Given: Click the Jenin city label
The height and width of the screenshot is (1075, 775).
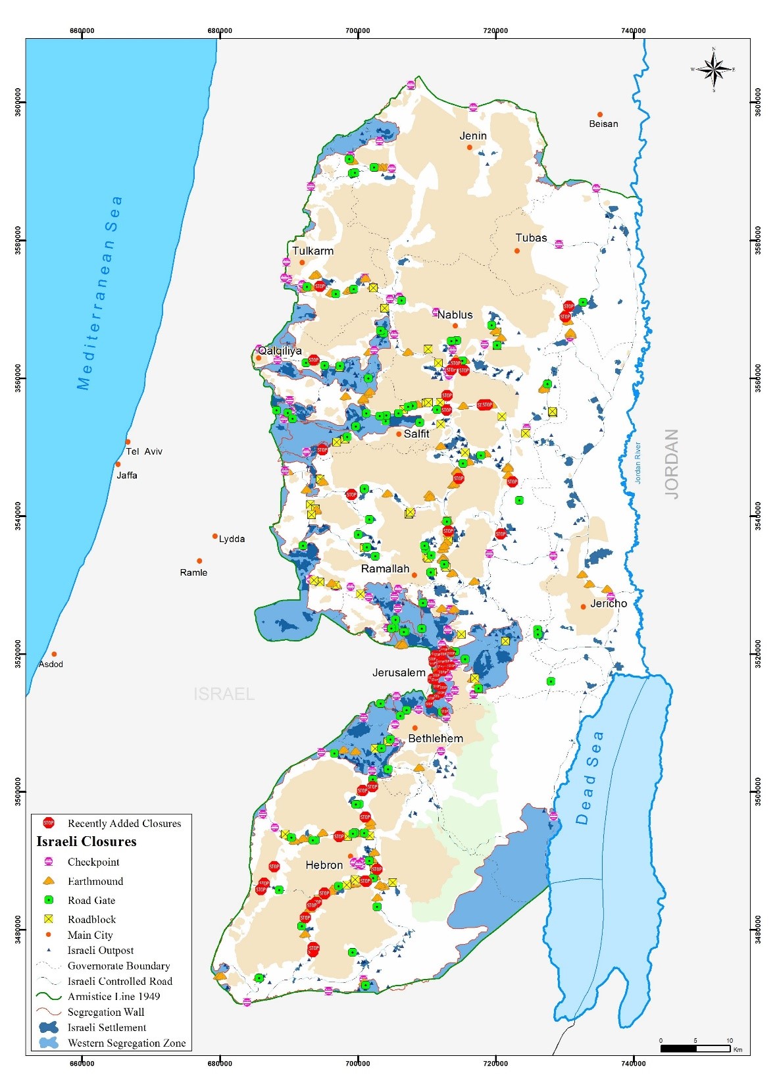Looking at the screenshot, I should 473,136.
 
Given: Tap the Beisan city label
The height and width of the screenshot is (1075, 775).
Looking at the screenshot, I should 603,124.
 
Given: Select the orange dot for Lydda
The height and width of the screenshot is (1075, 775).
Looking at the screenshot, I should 215,536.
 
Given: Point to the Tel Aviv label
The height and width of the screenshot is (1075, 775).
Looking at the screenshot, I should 144,451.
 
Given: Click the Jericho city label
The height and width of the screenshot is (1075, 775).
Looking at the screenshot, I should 609,603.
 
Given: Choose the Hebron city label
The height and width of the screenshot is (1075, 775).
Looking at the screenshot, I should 324,865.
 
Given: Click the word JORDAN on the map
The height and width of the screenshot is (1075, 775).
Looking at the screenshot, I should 672,464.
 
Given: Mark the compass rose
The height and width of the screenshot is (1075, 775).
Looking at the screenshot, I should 714,68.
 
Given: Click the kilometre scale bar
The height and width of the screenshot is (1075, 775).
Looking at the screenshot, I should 695,1048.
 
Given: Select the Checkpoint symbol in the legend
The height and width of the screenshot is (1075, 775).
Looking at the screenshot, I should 48,862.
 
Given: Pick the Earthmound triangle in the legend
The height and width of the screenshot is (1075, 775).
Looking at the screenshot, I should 48,881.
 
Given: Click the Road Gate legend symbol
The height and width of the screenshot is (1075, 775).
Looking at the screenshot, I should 48,900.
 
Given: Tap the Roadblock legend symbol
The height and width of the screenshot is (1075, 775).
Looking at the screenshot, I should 48,919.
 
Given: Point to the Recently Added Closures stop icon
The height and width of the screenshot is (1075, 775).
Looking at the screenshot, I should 48,823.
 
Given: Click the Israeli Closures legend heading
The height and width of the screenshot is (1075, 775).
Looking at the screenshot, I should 86,841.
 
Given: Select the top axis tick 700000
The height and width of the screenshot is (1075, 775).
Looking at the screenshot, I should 357,30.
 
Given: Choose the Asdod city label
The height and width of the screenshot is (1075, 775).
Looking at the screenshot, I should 51,664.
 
